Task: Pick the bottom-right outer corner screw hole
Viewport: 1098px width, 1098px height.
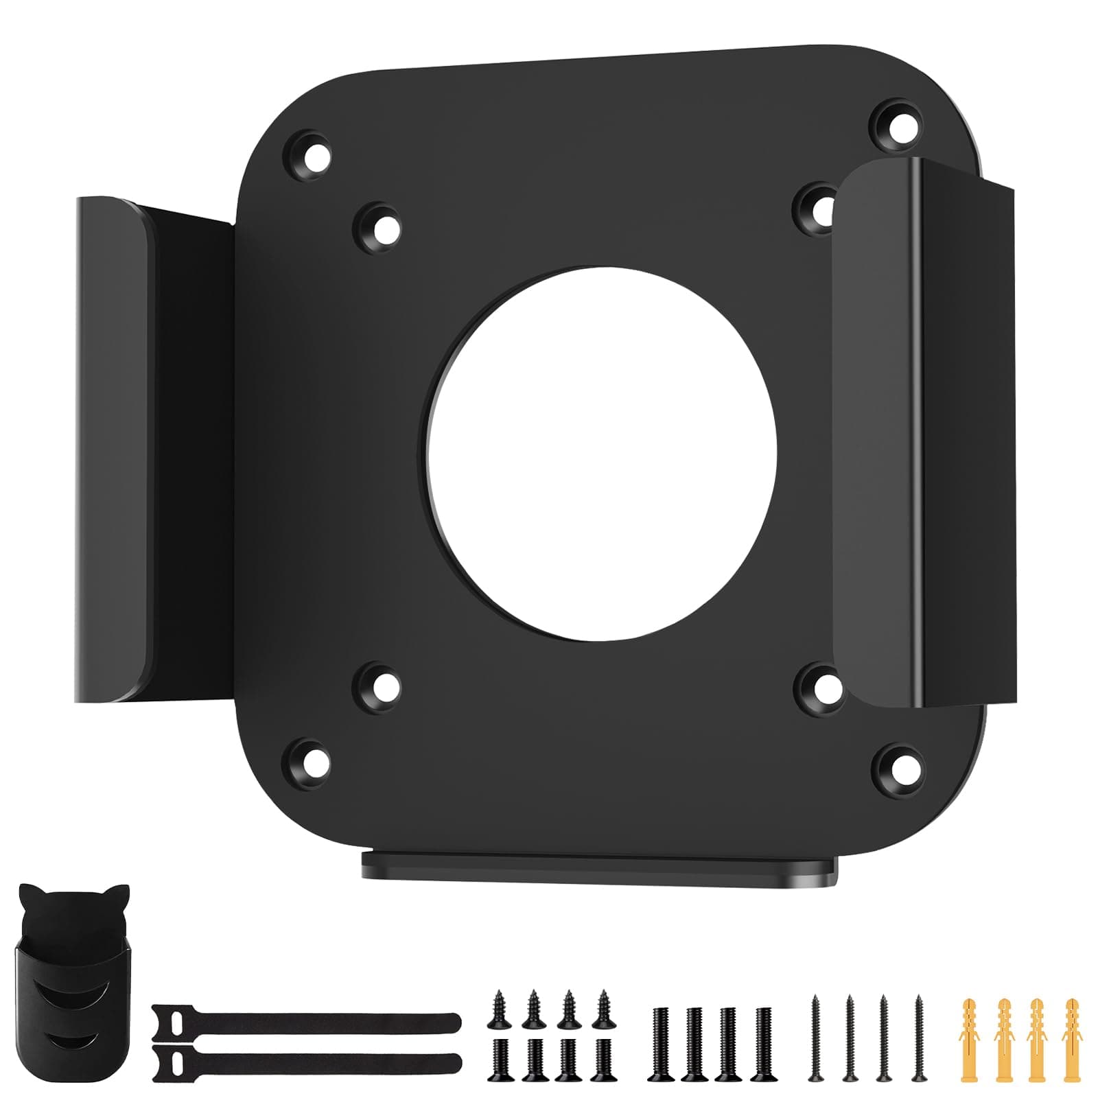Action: tap(895, 767)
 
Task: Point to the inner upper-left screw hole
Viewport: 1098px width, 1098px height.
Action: tap(377, 226)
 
